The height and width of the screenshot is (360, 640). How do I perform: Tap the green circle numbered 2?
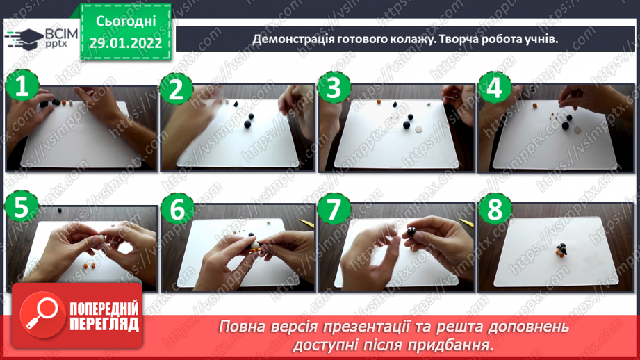pos(176,89)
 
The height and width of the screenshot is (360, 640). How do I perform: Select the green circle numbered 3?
pos(334,89)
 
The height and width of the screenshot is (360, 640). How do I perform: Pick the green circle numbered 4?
pos(495,89)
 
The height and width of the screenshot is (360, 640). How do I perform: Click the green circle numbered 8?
pos(495,211)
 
